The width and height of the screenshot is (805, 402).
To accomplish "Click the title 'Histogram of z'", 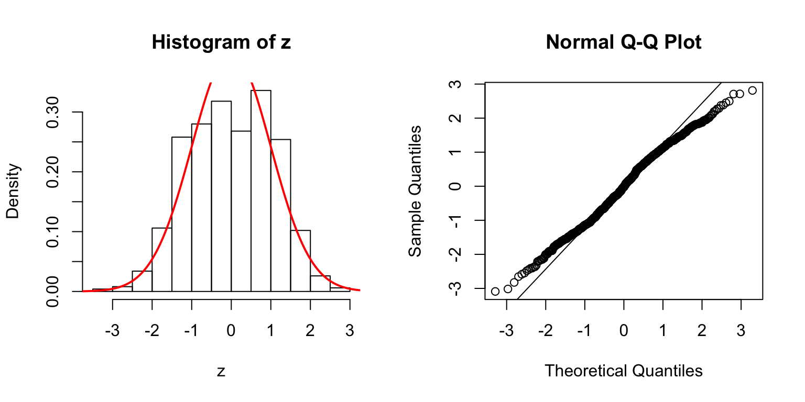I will (221, 42).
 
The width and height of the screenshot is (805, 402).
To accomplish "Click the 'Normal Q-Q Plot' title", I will (623, 42).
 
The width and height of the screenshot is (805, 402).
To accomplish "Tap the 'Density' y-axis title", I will (13, 191).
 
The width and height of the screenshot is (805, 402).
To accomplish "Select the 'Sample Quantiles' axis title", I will (415, 191).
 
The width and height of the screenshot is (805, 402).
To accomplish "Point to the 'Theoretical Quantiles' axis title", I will (623, 371).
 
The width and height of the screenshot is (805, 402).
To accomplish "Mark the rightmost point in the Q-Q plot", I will (753, 91).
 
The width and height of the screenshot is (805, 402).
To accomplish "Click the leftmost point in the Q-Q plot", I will (495, 291).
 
